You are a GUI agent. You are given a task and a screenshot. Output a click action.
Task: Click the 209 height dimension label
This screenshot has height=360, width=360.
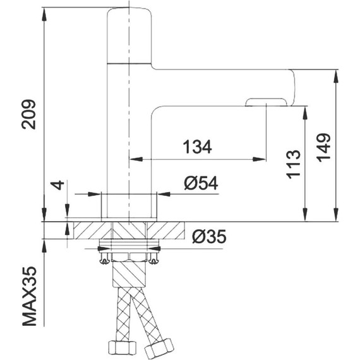click(29, 114)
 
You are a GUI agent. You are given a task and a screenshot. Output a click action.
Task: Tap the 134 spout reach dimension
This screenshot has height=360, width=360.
click(197, 147)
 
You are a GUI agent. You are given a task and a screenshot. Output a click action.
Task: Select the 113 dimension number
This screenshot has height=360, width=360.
click(294, 164)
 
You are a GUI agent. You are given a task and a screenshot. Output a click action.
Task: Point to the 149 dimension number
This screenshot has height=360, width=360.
click(323, 147)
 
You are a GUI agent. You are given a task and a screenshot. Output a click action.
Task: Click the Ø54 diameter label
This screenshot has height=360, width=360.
click(201, 183)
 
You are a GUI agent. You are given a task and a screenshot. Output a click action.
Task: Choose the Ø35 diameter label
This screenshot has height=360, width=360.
click(209, 237)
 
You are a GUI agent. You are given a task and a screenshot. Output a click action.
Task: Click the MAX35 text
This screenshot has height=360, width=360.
click(29, 296)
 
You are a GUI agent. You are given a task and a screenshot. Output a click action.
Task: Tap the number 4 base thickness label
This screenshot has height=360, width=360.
click(58, 185)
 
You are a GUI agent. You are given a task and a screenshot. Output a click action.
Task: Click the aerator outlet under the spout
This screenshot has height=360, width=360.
click(266, 102)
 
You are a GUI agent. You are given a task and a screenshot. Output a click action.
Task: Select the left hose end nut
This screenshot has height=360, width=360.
click(122, 348)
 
